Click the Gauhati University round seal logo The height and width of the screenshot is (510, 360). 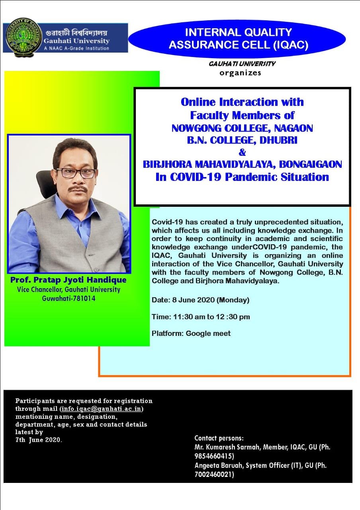[x=24, y=37]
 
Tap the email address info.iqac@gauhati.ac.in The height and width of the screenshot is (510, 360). [x=102, y=409]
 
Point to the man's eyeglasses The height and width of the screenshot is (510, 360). [x=76, y=173]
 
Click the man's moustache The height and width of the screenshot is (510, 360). [x=78, y=189]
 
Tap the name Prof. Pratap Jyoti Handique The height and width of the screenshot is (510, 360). [x=68, y=280]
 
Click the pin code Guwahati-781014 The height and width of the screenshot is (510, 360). [x=68, y=298]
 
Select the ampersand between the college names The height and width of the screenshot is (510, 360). [x=243, y=152]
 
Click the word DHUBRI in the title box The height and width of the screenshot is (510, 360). [x=278, y=140]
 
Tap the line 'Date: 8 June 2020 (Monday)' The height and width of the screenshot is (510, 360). [x=200, y=300]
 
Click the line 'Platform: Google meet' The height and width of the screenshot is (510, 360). [x=191, y=333]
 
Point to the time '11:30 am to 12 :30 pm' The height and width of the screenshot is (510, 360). [x=211, y=317]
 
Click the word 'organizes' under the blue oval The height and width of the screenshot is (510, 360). [x=240, y=73]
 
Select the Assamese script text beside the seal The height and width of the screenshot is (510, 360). [x=76, y=33]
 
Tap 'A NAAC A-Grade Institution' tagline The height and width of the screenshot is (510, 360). [x=76, y=48]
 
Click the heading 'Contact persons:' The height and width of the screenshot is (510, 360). [x=219, y=438]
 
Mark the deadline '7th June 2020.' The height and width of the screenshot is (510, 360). [x=39, y=439]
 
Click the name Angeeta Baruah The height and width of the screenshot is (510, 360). [x=219, y=465]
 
